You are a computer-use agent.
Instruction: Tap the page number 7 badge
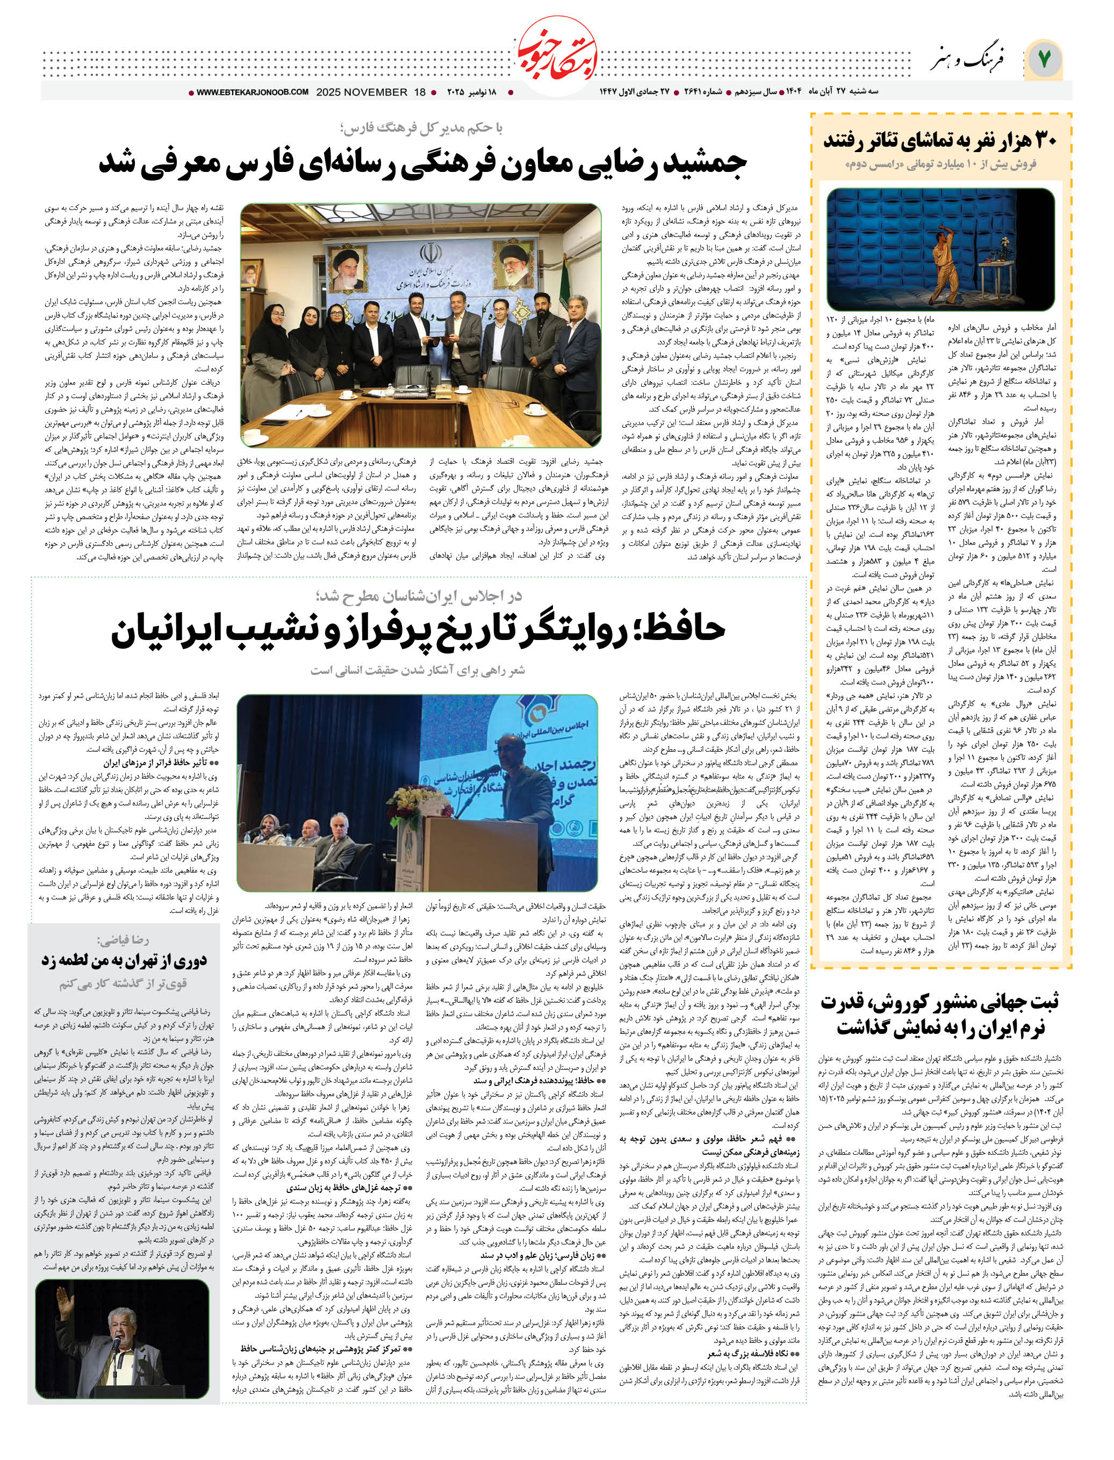[1044, 60]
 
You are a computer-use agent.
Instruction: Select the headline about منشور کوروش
[940, 1015]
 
